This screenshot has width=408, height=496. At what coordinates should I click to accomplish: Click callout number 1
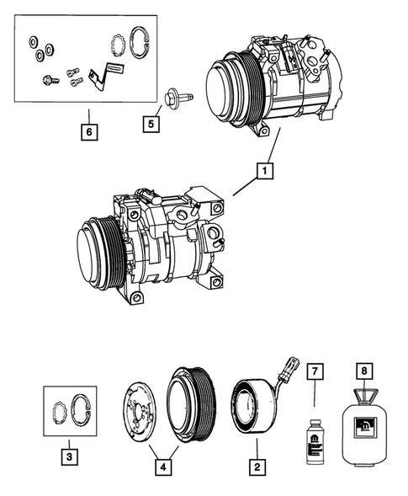pyautogui.click(x=265, y=172)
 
